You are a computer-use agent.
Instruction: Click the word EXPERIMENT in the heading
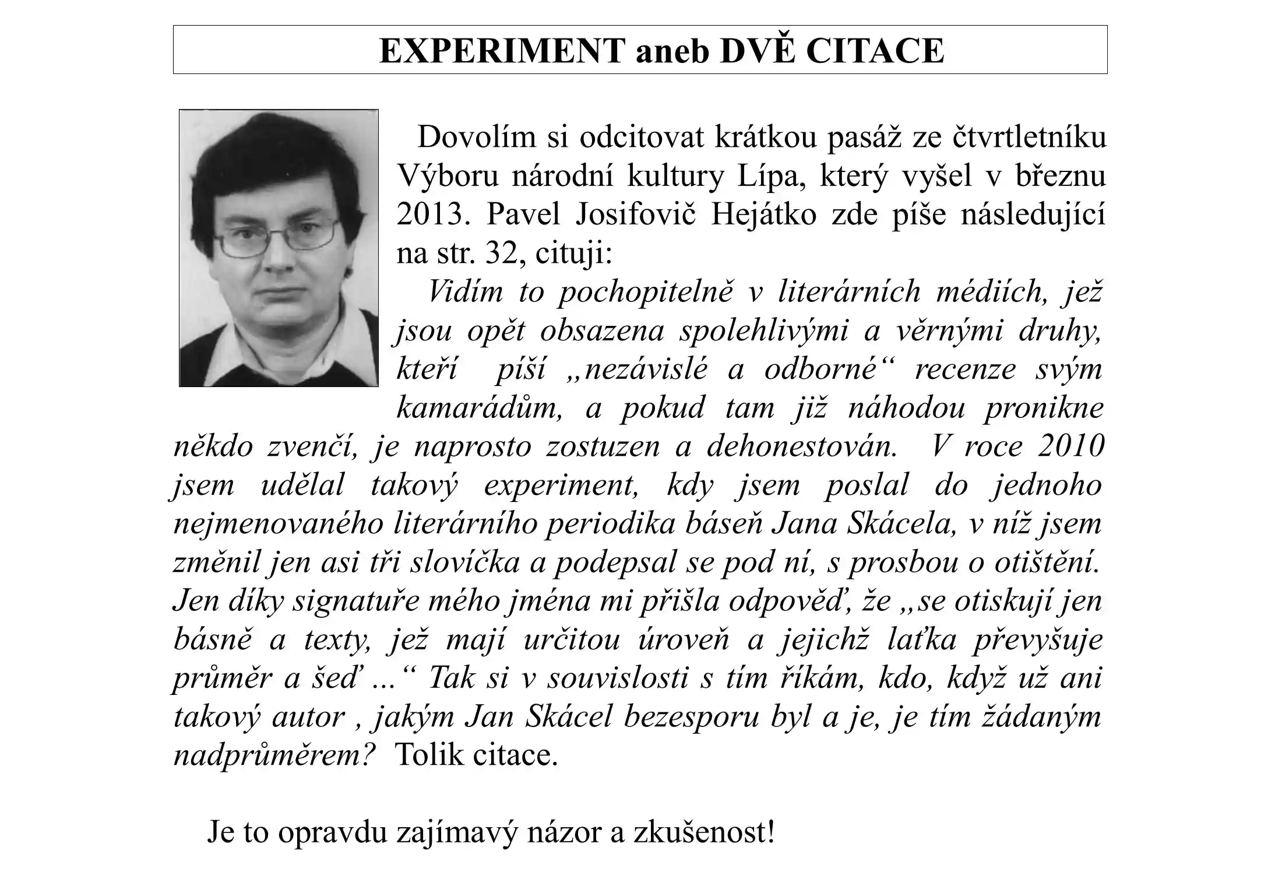(x=502, y=51)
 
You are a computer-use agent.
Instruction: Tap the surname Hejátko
(x=763, y=215)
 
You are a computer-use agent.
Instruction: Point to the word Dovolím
(x=477, y=138)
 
